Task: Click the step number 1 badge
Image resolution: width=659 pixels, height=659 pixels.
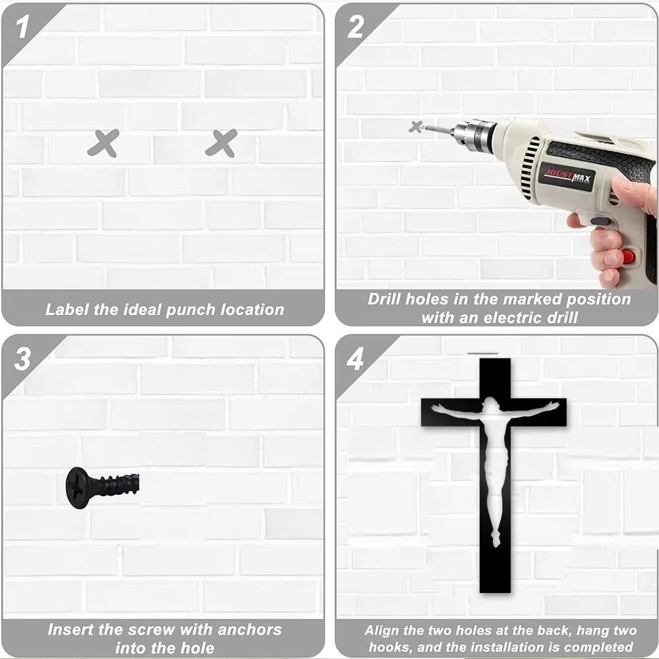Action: coord(24,28)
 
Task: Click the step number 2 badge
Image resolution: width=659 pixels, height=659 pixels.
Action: coord(356,28)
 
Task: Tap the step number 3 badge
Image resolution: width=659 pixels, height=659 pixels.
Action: coord(24,360)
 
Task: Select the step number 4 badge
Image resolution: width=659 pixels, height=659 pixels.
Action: coord(356,360)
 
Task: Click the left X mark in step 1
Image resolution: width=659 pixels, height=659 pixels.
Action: coord(103,143)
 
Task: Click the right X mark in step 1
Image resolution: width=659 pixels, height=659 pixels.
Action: coord(221,143)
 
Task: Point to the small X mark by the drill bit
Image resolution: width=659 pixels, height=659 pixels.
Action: coord(415,127)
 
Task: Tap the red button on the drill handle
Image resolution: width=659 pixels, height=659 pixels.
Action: coord(629,256)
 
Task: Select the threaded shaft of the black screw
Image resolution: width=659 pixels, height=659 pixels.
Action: coord(119,486)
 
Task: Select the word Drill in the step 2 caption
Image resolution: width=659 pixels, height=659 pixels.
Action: coord(385,299)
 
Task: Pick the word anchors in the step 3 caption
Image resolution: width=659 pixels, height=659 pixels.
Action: coord(243,630)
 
